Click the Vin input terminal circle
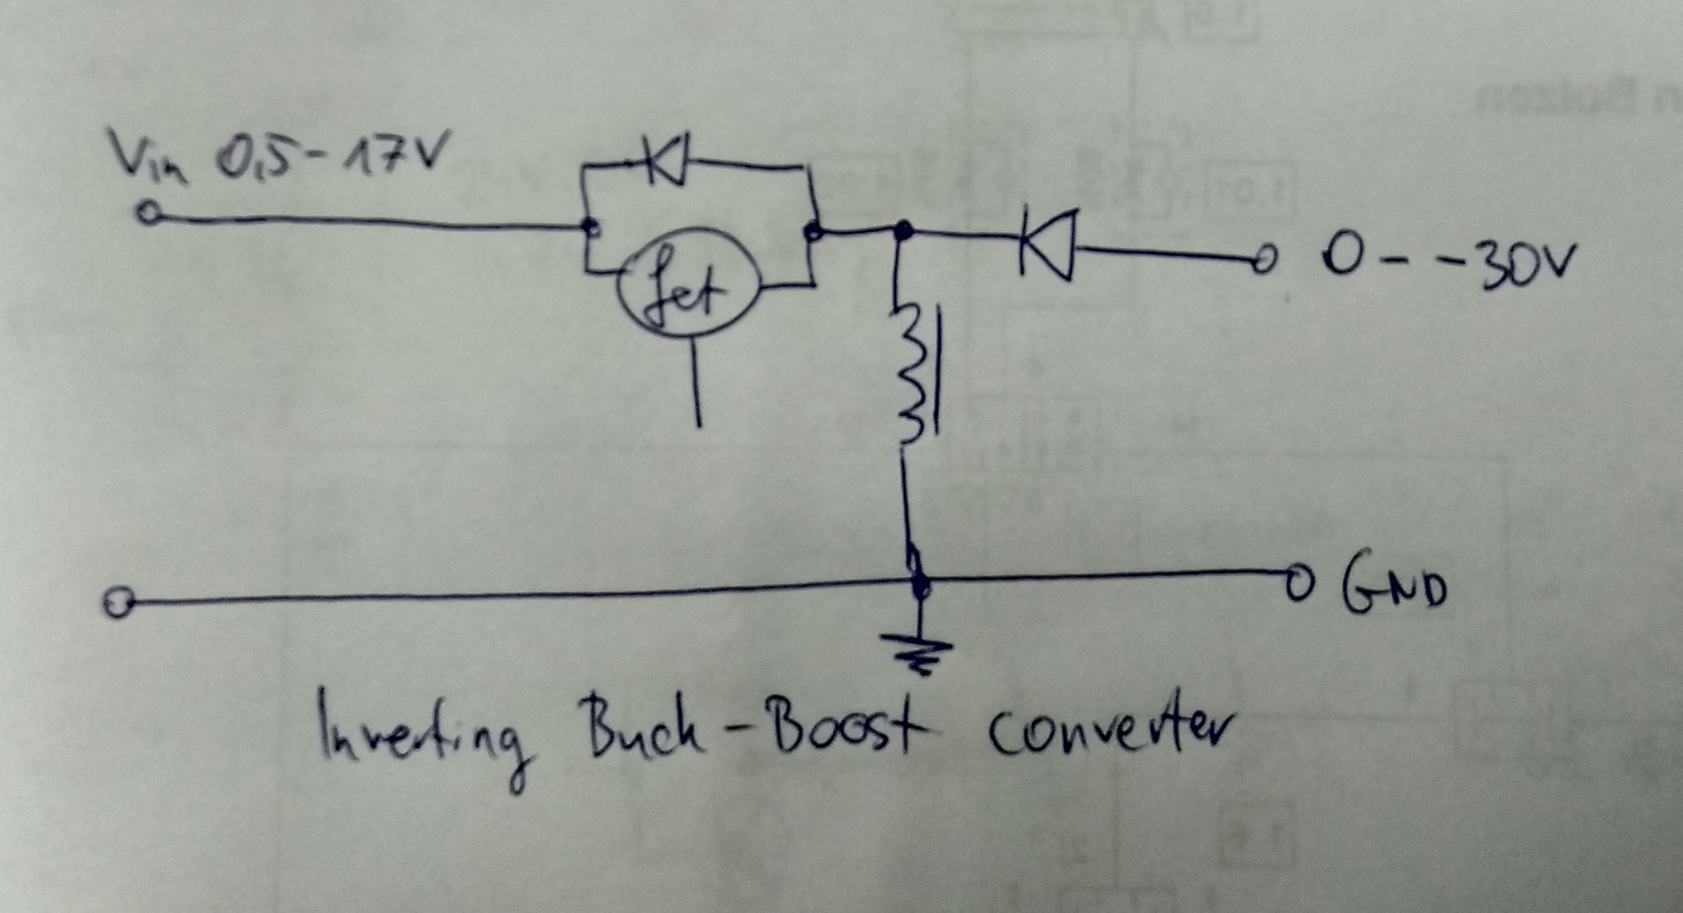click(x=150, y=214)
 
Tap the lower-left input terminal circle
click(x=115, y=604)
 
